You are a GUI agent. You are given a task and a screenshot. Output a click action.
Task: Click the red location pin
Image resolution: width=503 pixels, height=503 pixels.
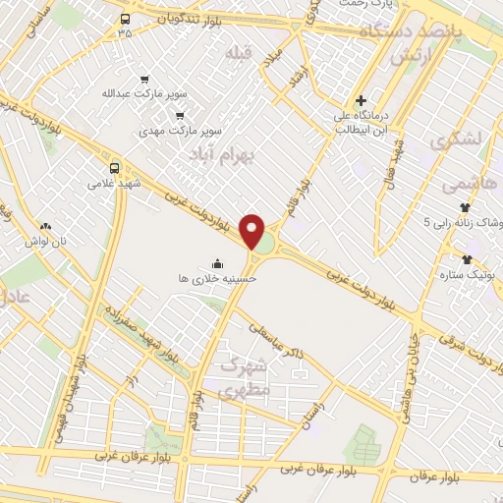[x=252, y=231]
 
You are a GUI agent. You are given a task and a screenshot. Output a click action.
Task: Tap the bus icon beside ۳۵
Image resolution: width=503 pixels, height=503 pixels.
[x=125, y=19]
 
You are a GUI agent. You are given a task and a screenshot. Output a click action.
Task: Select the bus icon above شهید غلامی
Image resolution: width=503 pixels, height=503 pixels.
[x=114, y=167]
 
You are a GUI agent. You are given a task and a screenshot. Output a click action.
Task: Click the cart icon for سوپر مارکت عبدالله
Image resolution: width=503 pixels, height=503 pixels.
[x=145, y=80]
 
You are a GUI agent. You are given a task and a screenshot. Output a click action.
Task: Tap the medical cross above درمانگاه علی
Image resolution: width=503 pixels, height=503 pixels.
[x=362, y=100]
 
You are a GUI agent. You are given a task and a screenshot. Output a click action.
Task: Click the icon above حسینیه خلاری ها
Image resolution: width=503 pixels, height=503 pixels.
[x=217, y=262]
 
